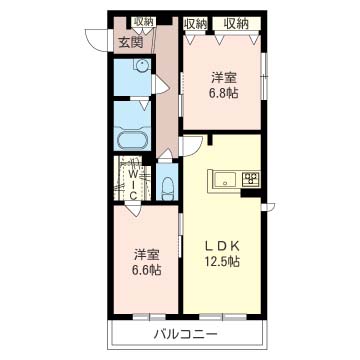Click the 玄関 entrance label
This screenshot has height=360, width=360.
pyautogui.click(x=132, y=42)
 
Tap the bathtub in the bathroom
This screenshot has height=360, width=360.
pyautogui.click(x=133, y=138)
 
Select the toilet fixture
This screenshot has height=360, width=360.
pyautogui.click(x=167, y=188)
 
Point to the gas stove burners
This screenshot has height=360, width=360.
pyautogui.click(x=251, y=179)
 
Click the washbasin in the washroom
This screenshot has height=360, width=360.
pyautogui.click(x=142, y=65)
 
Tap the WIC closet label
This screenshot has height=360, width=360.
pyautogui.click(x=133, y=184)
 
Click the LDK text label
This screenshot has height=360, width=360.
pyautogui.click(x=222, y=246)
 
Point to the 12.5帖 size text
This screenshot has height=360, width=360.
pyautogui.click(x=222, y=262)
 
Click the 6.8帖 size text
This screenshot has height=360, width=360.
pyautogui.click(x=224, y=93)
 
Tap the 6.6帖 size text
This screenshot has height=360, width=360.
pyautogui.click(x=147, y=269)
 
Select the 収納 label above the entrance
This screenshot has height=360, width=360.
pyautogui.click(x=144, y=22)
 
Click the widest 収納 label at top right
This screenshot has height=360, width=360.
pyautogui.click(x=236, y=23)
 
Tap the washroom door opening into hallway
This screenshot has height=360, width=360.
pyautogui.click(x=161, y=84)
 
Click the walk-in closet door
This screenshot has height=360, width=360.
pyautogui.click(x=134, y=209)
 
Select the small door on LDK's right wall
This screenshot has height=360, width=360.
pyautogui.click(x=268, y=207)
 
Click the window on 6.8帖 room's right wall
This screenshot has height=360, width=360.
pyautogui.click(x=264, y=76)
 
